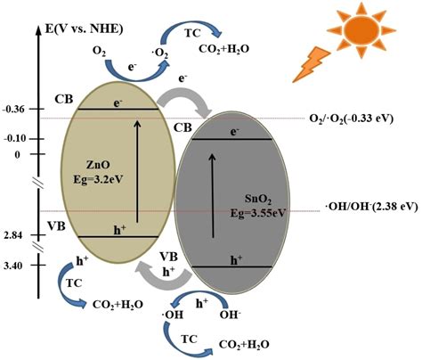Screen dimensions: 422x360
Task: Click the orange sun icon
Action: [x=361, y=29]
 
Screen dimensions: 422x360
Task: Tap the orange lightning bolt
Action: [x=311, y=64]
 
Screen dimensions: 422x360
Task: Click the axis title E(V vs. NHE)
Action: [x=85, y=29]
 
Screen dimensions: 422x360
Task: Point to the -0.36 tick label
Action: [x=13, y=110]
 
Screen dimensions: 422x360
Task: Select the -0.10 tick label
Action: [x=13, y=139]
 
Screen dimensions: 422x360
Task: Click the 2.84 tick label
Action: [x=13, y=235]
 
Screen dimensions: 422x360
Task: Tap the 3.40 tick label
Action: [x=13, y=266]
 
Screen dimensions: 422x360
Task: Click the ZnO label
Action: [x=98, y=165]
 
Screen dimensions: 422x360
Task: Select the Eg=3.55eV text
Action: [x=258, y=213]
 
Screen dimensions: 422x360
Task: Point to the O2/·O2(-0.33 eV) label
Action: [x=352, y=119]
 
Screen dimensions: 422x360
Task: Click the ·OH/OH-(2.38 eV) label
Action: [x=372, y=206]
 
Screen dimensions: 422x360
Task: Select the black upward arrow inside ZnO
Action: [x=137, y=171]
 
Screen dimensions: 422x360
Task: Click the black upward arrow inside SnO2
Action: [x=213, y=196]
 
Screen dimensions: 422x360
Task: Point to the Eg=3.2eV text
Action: [x=98, y=180]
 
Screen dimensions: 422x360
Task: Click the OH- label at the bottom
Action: [x=230, y=315]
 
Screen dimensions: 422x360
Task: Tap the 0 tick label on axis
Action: [x=18, y=154]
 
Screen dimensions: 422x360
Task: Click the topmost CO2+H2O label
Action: [x=223, y=49]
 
